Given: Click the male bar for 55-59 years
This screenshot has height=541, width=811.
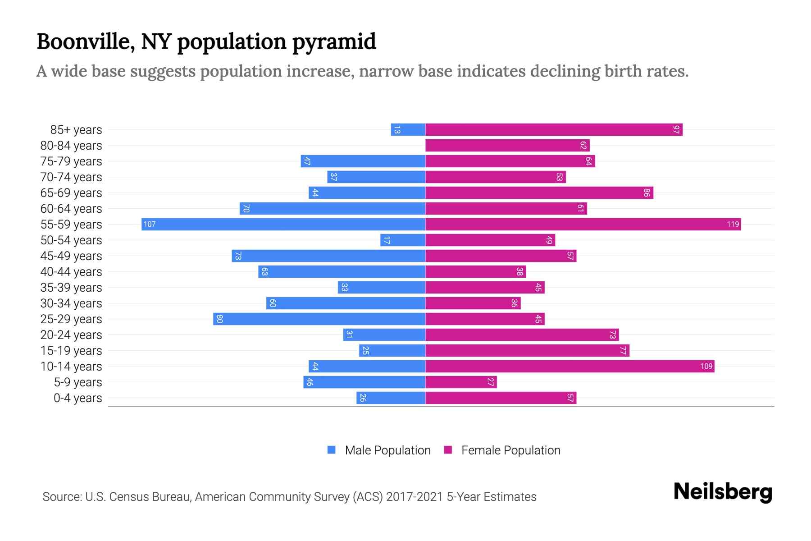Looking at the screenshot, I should coord(283,224).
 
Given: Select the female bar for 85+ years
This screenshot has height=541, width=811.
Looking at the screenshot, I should coord(553,129).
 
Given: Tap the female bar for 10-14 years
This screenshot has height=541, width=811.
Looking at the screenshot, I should coord(570,366).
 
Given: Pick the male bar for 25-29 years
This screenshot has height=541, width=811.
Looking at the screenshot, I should coord(319,319).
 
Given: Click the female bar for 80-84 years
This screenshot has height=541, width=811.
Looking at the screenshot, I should coord(507,145).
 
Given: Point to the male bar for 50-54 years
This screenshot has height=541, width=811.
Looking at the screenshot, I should coord(403,240).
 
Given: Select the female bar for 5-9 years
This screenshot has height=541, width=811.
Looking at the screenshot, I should coord(461,382).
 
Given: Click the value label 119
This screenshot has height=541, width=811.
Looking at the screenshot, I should coord(733,224).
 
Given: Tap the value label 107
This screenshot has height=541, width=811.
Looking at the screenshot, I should coord(150,224).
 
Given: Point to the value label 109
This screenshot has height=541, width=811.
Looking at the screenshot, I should coord(706,366).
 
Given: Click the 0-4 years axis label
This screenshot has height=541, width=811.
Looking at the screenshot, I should coord(77,398).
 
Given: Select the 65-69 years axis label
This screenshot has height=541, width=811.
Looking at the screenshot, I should coord(71,193).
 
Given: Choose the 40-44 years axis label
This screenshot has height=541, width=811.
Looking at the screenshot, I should coord(71,271).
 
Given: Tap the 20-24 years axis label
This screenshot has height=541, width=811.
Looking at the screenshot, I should coord(71,335).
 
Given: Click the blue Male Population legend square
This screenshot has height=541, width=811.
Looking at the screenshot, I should coord(332,450).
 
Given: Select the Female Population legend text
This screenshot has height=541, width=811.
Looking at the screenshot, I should coord(510,450).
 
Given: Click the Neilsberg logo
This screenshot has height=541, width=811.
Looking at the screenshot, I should coord(723,492).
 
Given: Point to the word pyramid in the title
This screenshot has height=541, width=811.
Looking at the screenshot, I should coord(334,42).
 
